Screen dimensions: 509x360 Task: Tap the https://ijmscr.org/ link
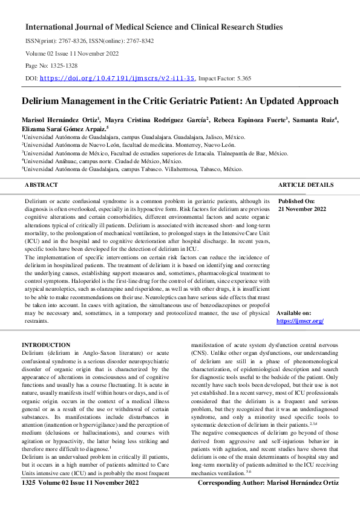click(299, 321)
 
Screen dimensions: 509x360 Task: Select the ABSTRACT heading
click(41, 184)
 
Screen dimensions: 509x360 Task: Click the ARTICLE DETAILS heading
click(306, 184)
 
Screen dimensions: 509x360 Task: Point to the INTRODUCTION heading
click(46, 345)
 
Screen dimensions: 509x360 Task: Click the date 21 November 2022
click(302, 209)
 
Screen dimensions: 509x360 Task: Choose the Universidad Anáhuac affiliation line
click(103, 161)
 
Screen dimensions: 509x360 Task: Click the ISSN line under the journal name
click(89, 41)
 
